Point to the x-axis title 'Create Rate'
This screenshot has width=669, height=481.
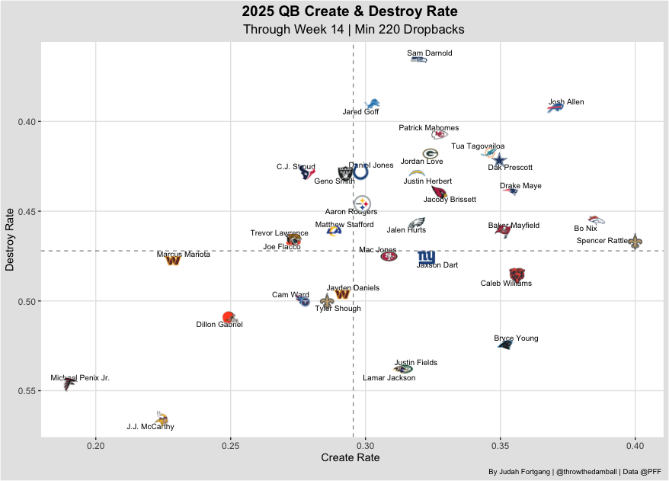tap(351, 457)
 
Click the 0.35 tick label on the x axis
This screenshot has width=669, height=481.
tap(500, 444)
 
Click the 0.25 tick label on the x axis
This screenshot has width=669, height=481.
tap(230, 444)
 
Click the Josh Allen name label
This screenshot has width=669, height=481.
tap(566, 102)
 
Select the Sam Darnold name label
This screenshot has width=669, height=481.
tap(430, 53)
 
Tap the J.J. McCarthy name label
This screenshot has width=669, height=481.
tap(150, 427)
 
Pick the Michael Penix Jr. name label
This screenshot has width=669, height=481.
tap(80, 378)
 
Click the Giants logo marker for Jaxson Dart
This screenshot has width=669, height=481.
tap(426, 257)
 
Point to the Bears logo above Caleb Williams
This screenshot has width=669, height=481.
tap(517, 274)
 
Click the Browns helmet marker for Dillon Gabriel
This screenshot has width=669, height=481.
tap(229, 317)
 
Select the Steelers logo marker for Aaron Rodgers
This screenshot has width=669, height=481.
tap(363, 204)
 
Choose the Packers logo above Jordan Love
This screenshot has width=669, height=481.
tap(430, 153)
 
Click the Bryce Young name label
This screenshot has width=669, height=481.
tap(516, 338)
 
